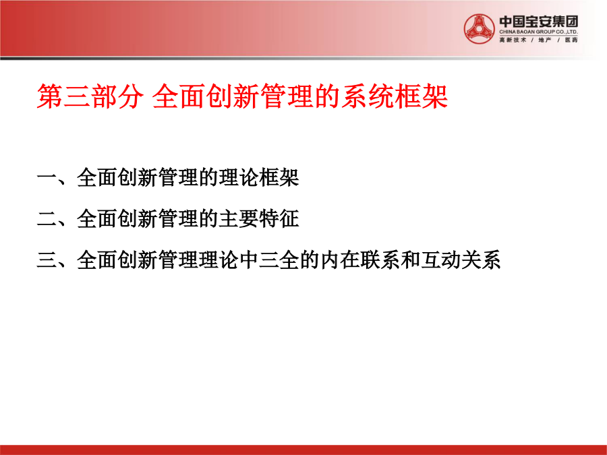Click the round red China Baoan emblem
click(x=480, y=28)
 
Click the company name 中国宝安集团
click(x=538, y=22)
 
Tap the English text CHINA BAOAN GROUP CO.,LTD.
click(x=538, y=32)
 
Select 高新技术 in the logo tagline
click(x=513, y=40)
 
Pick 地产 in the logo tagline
click(x=545, y=40)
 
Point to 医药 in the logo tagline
click(x=571, y=40)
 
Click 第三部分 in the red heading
click(x=90, y=96)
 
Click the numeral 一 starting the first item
click(x=47, y=178)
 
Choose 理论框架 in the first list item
click(x=259, y=177)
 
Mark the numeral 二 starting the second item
click(x=47, y=219)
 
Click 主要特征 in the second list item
click(x=259, y=218)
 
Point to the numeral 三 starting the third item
click(x=47, y=260)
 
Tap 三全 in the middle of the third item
click(x=279, y=260)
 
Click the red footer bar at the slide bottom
click(x=303, y=450)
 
